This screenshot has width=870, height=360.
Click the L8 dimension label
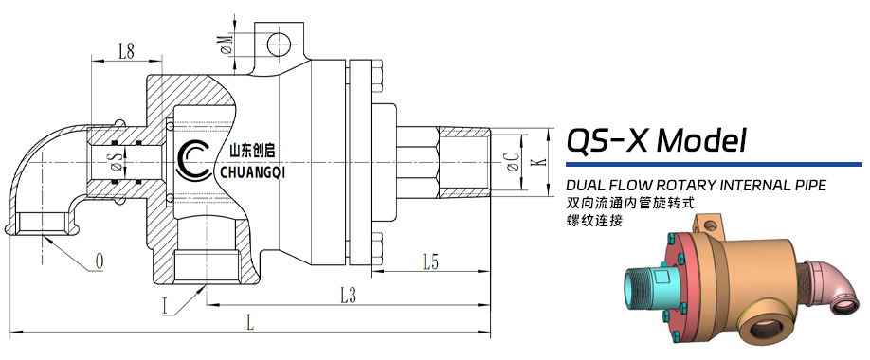126,51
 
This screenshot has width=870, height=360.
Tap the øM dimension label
227,45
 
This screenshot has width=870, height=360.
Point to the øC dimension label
514,162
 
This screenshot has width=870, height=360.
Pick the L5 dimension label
430,262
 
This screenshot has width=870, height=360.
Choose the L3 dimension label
348,297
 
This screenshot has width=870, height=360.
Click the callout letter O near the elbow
100,261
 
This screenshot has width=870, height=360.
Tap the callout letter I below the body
165,307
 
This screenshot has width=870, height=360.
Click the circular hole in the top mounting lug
277,45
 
